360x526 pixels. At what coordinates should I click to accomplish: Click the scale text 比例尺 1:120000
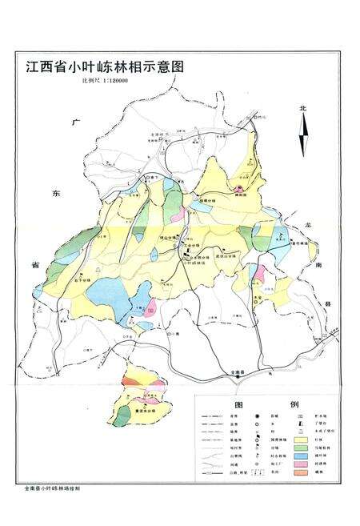pyautogui.click(x=97, y=81)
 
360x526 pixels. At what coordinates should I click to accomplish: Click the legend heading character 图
pyautogui.click(x=238, y=405)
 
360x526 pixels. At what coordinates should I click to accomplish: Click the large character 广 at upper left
pyautogui.click(x=77, y=125)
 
